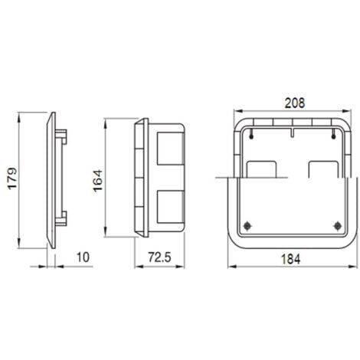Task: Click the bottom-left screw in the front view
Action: click(x=249, y=224)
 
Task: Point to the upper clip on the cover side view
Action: click(x=65, y=136)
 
